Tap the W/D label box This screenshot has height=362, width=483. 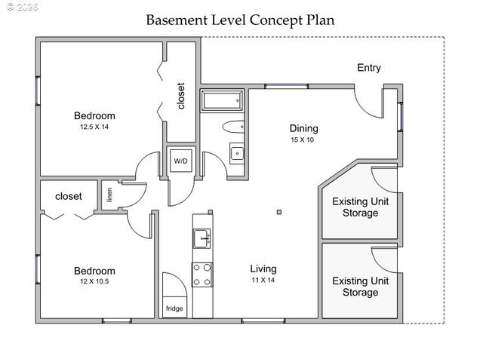[x=181, y=161]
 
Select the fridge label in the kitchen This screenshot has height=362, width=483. [x=174, y=308]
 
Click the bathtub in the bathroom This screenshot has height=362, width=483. [x=221, y=100]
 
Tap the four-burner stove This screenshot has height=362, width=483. [x=202, y=275]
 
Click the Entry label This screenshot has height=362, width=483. [x=368, y=68]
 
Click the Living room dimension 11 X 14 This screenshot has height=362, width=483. [x=263, y=280]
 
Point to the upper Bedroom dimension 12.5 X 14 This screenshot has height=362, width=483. [x=94, y=127]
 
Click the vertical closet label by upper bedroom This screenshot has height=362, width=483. [x=181, y=96]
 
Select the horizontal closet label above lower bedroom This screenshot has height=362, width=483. [x=69, y=196]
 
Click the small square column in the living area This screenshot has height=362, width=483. [x=279, y=212]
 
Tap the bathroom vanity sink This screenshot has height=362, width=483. [x=238, y=154]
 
